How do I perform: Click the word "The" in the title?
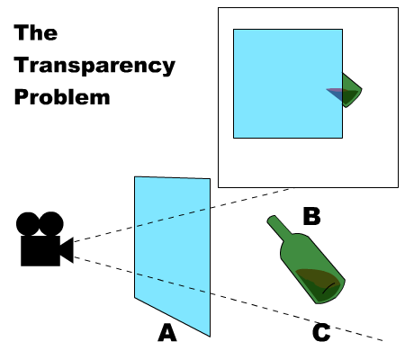(x=36, y=32)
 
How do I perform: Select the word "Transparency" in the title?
(x=94, y=65)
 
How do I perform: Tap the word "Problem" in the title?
(x=62, y=96)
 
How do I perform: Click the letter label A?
(x=167, y=332)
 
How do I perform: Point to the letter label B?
(x=311, y=216)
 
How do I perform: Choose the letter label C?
(x=321, y=332)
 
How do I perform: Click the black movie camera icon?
(x=45, y=238)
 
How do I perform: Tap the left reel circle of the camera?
(x=28, y=224)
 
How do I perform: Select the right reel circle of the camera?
(x=51, y=224)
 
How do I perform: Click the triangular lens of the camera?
(x=67, y=250)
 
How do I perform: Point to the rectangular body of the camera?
(x=40, y=251)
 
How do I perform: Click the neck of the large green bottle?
(x=280, y=228)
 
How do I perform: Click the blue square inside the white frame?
(x=288, y=84)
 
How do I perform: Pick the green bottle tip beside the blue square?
(x=352, y=90)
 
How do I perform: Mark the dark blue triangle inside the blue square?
(x=337, y=95)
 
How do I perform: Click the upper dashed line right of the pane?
(x=250, y=198)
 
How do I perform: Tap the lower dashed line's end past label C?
(x=382, y=340)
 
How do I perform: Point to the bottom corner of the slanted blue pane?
(x=210, y=337)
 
